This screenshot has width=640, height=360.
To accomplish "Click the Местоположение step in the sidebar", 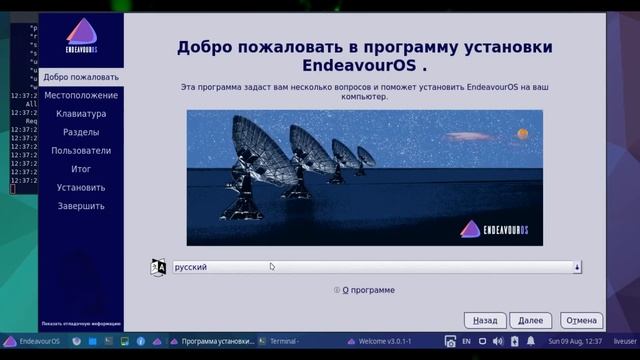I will click(x=81, y=96).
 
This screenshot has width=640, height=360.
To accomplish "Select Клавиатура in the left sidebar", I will click(x=81, y=114).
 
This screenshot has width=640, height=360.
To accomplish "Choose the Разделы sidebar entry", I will click(x=81, y=132).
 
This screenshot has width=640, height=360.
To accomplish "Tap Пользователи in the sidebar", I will click(x=81, y=151).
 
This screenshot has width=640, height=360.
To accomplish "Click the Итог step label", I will click(x=81, y=169).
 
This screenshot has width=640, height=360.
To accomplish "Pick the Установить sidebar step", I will click(x=81, y=187).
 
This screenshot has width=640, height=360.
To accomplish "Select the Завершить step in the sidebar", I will click(x=81, y=206).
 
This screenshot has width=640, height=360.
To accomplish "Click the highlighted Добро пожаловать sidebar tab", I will click(x=81, y=77).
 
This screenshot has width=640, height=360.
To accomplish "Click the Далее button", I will click(x=530, y=320).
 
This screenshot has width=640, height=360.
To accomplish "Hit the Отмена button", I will click(x=581, y=320).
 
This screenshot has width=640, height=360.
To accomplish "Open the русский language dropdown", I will click(x=376, y=267).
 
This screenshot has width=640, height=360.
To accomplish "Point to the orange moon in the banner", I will click(x=521, y=134).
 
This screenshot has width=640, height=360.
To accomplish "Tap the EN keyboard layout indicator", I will click(x=466, y=341).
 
